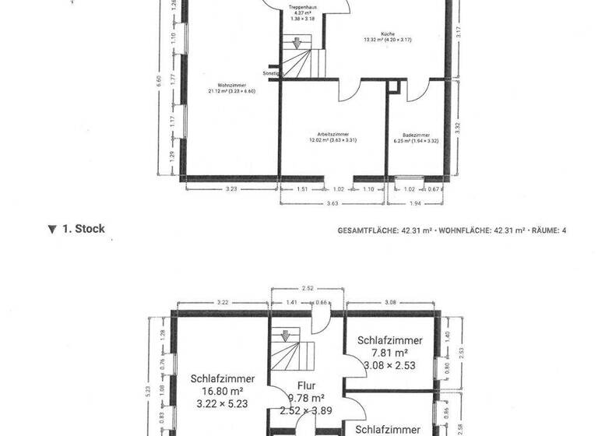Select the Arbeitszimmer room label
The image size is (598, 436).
[332, 135]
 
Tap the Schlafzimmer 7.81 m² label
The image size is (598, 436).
[389, 340]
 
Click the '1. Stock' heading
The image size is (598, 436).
[83, 229]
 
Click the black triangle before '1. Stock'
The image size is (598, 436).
[52, 230]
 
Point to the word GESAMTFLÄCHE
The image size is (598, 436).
[368, 231]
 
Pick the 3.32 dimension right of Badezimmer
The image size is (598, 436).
[459, 128]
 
